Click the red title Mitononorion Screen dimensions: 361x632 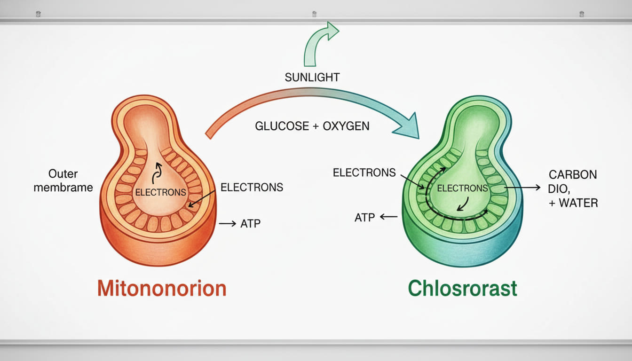coord(162,288)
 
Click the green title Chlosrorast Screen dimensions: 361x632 coord(462,288)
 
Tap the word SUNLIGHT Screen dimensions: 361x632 coord(312,77)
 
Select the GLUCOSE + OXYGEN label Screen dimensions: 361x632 coord(312,126)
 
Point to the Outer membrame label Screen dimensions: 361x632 coord(71,180)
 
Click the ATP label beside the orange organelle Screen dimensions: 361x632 coord(250,224)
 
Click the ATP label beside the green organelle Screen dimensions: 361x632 coord(365,217)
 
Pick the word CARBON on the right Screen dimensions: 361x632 coord(573,175)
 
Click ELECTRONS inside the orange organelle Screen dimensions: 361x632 coord(160,192)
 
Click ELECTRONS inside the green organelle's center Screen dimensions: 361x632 coord(462,188)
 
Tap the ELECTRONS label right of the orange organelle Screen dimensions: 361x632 coord(252,188)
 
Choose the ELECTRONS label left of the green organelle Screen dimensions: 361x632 coord(364,173)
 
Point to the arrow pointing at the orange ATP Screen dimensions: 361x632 coord(228,224)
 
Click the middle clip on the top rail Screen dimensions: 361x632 coord(314,14)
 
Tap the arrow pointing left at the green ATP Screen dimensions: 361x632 coord(388,217)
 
